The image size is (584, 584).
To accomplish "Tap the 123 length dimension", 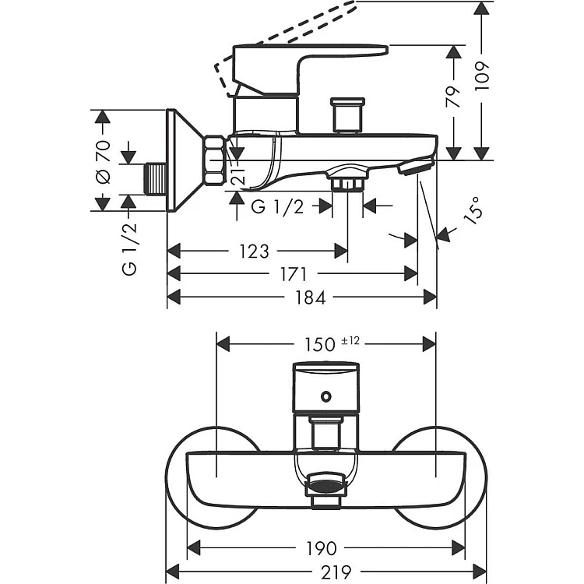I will click(x=253, y=252).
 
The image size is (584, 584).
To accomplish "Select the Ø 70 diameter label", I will click(x=103, y=161).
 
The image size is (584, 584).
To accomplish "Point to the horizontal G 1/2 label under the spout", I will click(x=277, y=206).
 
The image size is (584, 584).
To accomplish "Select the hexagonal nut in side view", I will click(x=214, y=162).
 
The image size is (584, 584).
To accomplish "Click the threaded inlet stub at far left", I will click(x=157, y=178).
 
